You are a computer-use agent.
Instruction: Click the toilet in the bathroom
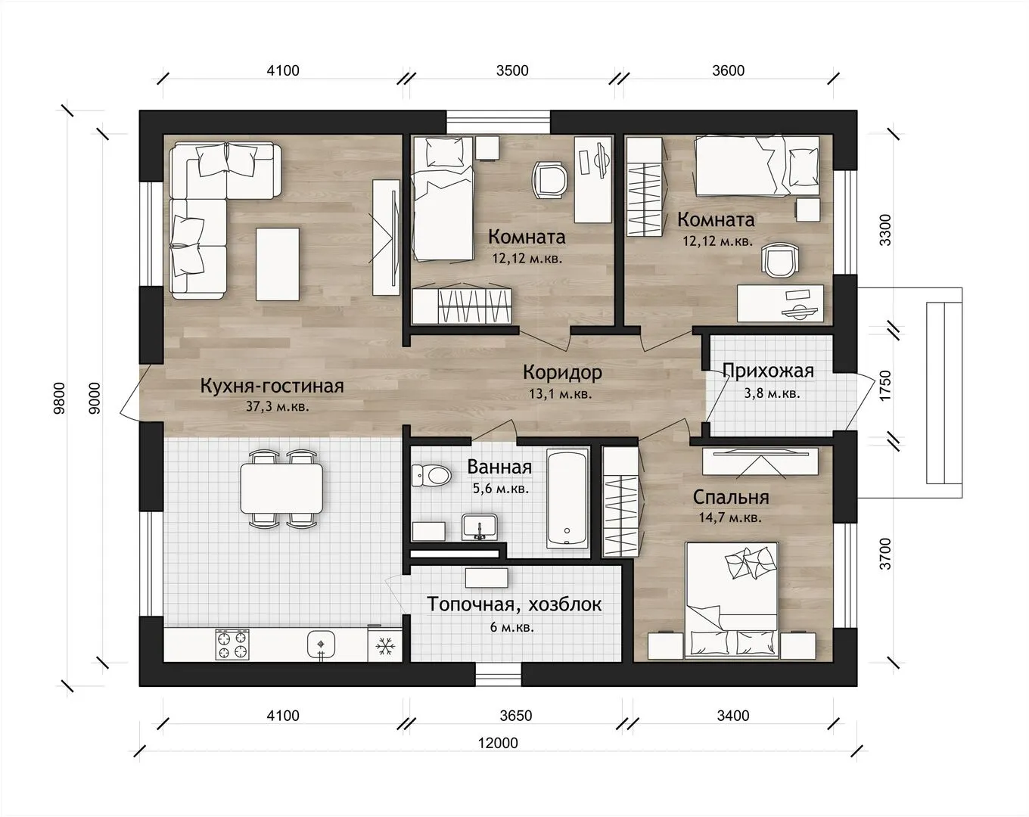[x=431, y=475]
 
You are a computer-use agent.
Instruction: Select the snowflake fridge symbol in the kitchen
[x=384, y=645]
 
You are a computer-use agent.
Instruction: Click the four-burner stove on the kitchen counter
[x=232, y=645]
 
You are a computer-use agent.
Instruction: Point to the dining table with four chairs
[x=281, y=489]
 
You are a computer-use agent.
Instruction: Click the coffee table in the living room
[x=278, y=264]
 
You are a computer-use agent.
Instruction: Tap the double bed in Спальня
[x=732, y=601]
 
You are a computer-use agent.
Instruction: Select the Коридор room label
[x=562, y=372]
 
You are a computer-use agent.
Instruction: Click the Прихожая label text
[x=769, y=371]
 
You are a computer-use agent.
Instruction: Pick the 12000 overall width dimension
[x=499, y=743]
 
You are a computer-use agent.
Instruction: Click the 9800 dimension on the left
[x=60, y=398]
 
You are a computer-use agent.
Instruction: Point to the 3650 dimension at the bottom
[x=516, y=716]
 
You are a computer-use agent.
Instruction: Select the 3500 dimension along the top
[x=512, y=71]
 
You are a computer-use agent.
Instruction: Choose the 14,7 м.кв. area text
[x=730, y=517]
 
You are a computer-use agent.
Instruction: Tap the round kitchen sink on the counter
[x=320, y=644]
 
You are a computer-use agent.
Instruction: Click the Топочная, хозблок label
[x=514, y=604]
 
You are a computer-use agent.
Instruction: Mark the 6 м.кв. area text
[x=511, y=626]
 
